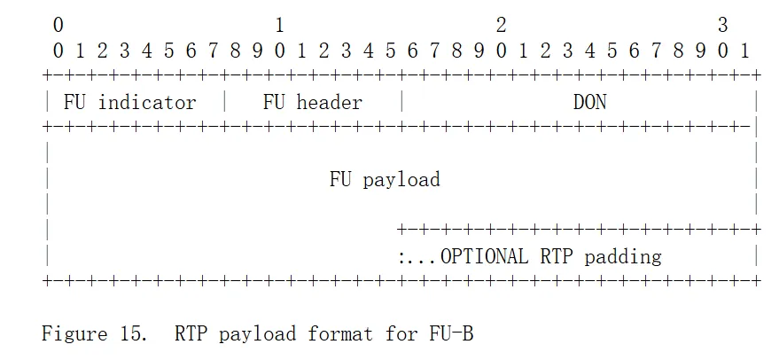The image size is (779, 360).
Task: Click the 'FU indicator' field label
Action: tap(129, 102)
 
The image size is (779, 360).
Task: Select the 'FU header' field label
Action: tap(312, 102)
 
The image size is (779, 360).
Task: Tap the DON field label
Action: tap(589, 102)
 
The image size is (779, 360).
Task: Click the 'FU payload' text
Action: tap(385, 180)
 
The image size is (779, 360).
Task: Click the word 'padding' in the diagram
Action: tap(623, 257)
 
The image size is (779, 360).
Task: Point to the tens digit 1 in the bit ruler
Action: tap(279, 26)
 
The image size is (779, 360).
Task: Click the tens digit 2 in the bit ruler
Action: tap(501, 26)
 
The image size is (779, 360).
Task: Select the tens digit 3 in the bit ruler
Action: tap(722, 26)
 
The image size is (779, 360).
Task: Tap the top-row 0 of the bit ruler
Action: tap(58, 26)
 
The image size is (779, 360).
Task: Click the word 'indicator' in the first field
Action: tap(147, 102)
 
